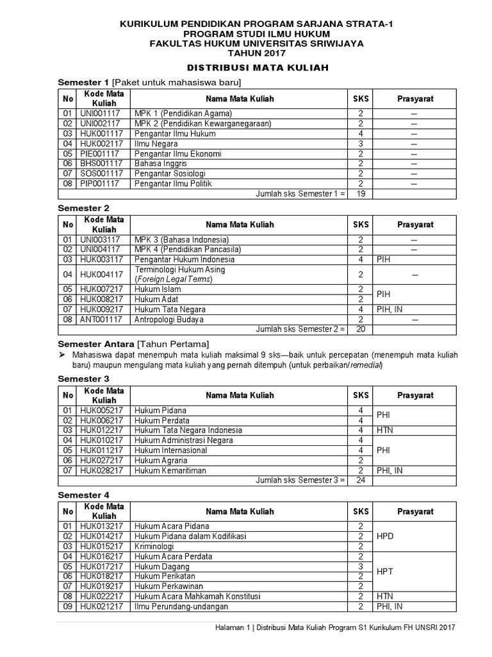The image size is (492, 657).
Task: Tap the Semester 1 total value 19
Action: pyautogui.click(x=361, y=194)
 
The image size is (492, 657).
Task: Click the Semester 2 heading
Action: pyautogui.click(x=83, y=209)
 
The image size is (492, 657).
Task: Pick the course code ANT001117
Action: pyautogui.click(x=101, y=319)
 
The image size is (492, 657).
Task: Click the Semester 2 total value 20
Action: pyautogui.click(x=361, y=328)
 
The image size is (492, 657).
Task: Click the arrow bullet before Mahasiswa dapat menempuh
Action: pyautogui.click(x=63, y=355)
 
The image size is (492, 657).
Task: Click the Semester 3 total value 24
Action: pyautogui.click(x=361, y=480)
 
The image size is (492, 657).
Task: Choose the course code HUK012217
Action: pyautogui.click(x=101, y=430)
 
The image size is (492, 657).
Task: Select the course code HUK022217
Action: pyautogui.click(x=101, y=596)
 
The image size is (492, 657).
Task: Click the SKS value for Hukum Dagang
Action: pyautogui.click(x=361, y=567)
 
